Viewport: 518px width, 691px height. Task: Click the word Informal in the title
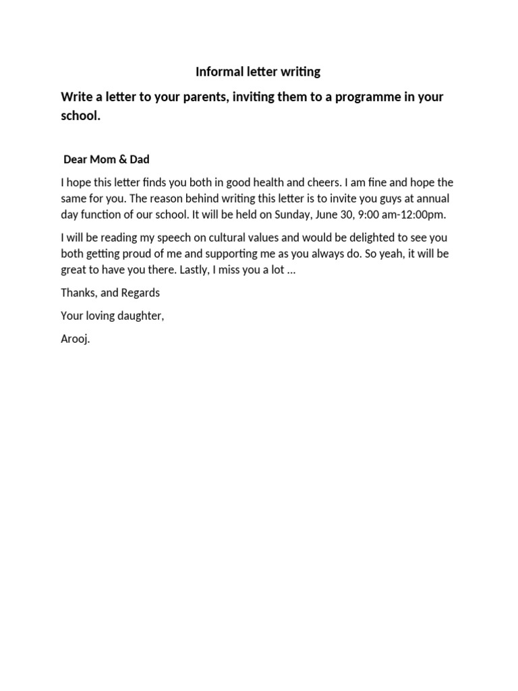coord(215,72)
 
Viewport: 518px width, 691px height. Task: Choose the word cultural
coord(252,238)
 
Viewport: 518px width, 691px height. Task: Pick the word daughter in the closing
coord(139,316)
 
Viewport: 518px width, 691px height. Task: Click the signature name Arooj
coord(75,339)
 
